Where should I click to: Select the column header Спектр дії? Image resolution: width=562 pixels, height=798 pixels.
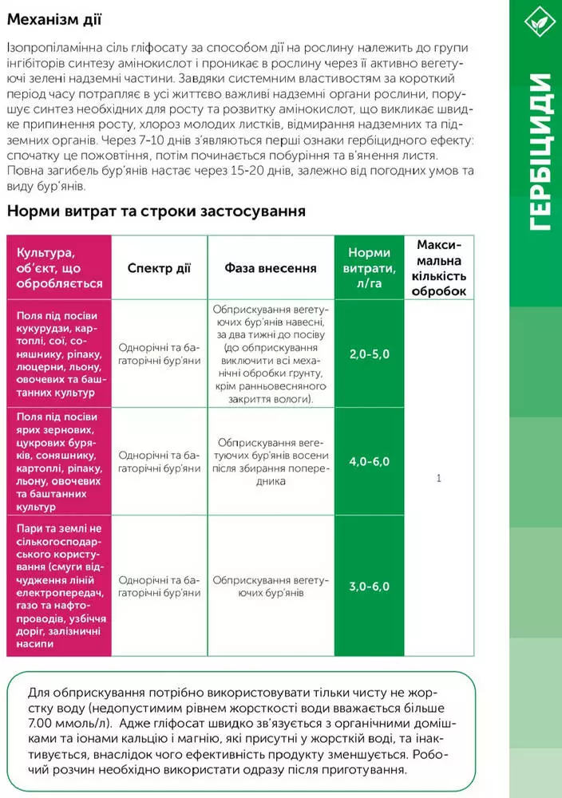pyautogui.click(x=159, y=268)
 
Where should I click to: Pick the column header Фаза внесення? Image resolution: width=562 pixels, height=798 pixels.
pyautogui.click(x=271, y=268)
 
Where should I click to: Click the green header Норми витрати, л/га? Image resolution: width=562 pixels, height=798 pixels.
pyautogui.click(x=369, y=267)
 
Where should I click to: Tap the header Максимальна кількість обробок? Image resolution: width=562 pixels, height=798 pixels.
pyautogui.click(x=438, y=267)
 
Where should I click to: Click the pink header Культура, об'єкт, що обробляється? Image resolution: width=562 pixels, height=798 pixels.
pyautogui.click(x=59, y=267)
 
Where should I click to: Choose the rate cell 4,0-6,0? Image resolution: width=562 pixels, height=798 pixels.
pyautogui.click(x=369, y=461)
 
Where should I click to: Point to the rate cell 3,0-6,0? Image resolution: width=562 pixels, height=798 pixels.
pyautogui.click(x=369, y=587)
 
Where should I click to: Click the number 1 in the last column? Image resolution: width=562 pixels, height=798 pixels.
pyautogui.click(x=438, y=478)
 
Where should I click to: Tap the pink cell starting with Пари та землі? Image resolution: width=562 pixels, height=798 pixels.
pyautogui.click(x=59, y=587)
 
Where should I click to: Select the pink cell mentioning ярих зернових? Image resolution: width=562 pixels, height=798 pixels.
pyautogui.click(x=59, y=461)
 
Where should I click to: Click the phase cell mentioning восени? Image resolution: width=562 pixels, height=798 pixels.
pyautogui.click(x=271, y=461)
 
